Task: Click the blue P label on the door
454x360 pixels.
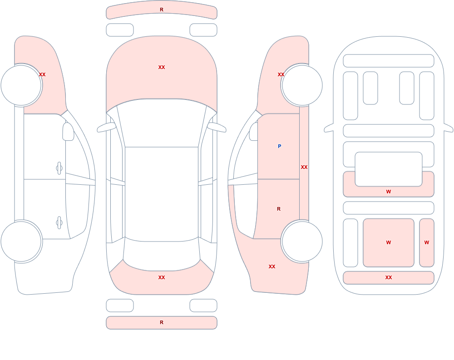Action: click(x=279, y=146)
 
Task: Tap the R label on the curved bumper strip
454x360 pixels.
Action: click(x=162, y=10)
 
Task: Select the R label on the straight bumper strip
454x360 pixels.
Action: click(x=162, y=322)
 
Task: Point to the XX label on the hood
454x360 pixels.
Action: click(x=162, y=67)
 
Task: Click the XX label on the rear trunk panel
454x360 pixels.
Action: click(x=162, y=277)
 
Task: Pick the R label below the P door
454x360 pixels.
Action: click(x=279, y=209)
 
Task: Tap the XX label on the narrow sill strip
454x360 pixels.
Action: click(x=304, y=167)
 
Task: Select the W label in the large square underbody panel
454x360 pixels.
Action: click(x=389, y=242)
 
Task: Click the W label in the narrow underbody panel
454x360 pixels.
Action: click(x=427, y=242)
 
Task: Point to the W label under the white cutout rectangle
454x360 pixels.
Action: click(x=389, y=192)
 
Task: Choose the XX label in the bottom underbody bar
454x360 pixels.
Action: click(x=389, y=277)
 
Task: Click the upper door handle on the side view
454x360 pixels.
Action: click(x=59, y=168)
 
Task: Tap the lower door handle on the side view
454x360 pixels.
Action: click(x=59, y=223)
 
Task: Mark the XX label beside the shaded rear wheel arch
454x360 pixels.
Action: click(x=272, y=266)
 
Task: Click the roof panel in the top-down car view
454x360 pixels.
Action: click(x=162, y=194)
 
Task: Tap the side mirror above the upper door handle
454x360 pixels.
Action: click(x=69, y=132)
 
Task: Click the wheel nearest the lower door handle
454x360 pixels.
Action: click(x=21, y=241)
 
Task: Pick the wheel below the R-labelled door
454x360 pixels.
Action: click(x=302, y=241)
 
